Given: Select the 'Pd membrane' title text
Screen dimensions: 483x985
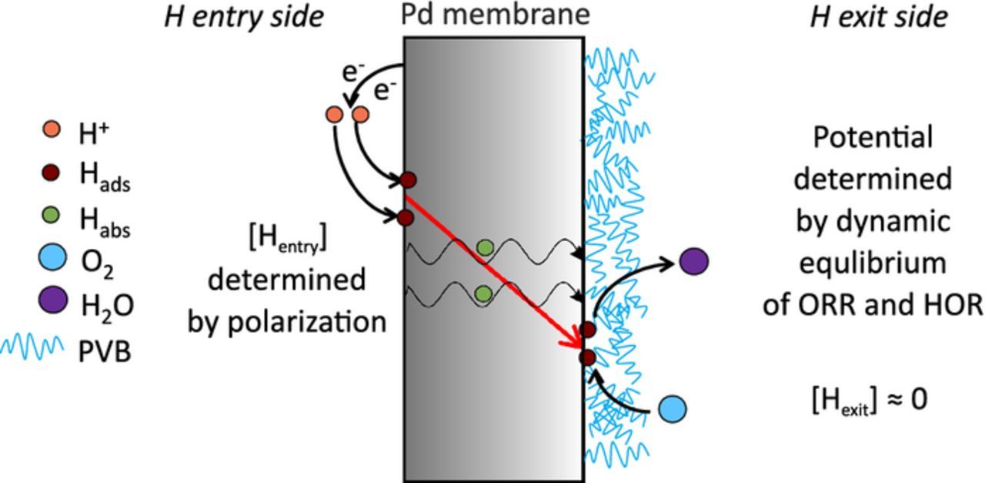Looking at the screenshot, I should pyautogui.click(x=495, y=14).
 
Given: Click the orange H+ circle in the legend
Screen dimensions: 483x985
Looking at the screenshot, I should pyautogui.click(x=52, y=129).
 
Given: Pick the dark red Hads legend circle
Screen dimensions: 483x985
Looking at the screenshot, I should pyautogui.click(x=52, y=173).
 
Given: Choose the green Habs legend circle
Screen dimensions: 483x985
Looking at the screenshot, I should pyautogui.click(x=52, y=216).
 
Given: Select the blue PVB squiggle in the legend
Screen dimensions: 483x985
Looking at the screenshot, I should pyautogui.click(x=32, y=347).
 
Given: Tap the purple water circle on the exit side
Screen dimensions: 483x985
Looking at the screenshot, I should pyautogui.click(x=693, y=262).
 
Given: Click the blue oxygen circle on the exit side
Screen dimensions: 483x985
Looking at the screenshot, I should pyautogui.click(x=673, y=408).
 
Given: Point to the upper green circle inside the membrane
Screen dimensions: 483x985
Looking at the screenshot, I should pyautogui.click(x=485, y=247).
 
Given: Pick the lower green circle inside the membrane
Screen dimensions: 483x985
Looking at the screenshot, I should pyautogui.click(x=483, y=293).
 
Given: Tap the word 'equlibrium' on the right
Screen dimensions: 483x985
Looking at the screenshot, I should pyautogui.click(x=873, y=263).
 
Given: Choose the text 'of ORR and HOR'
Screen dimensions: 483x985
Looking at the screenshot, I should pyautogui.click(x=873, y=305).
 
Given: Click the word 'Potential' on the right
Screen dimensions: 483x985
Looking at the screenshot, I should pyautogui.click(x=873, y=138).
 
